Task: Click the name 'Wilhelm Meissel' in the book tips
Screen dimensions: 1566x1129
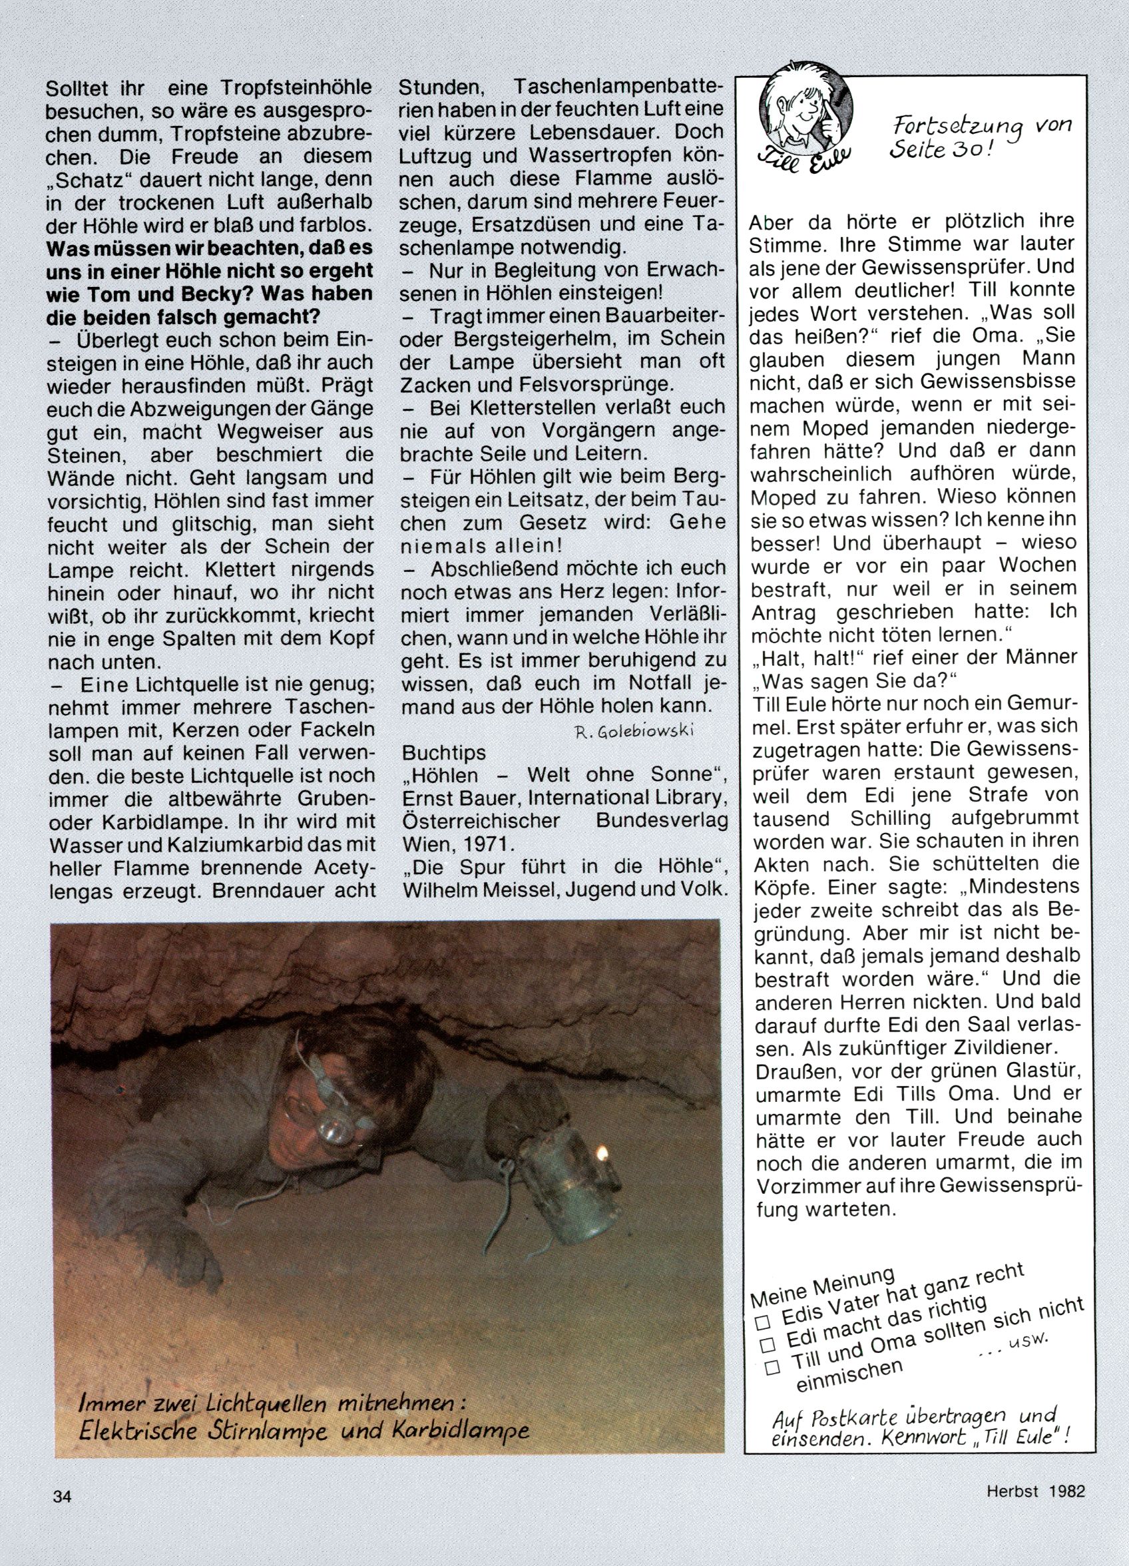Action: tap(480, 891)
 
